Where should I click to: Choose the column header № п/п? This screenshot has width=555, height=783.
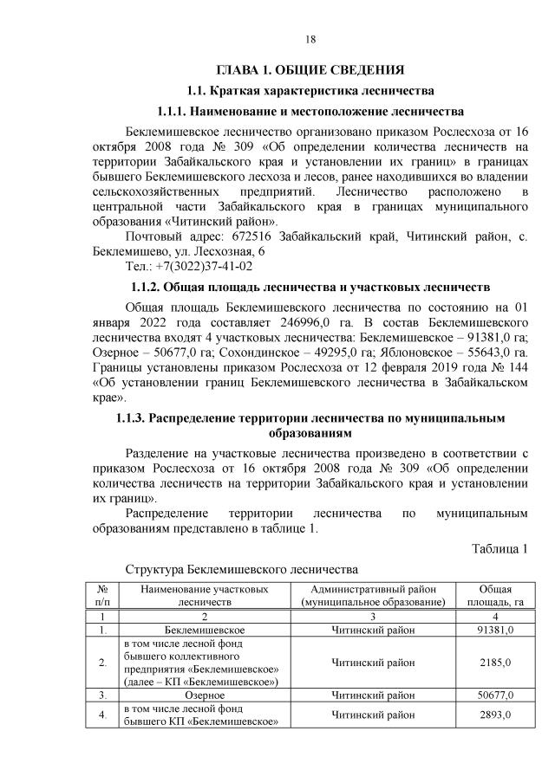point(102,594)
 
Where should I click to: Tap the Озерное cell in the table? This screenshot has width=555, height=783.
point(205,695)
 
